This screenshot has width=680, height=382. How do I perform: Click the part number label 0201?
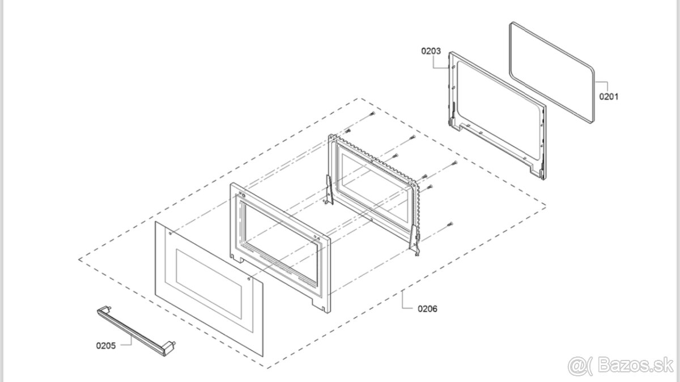pos(609,96)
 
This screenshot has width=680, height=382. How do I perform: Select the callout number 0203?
pos(431,51)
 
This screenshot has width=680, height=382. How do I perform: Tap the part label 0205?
pos(106,345)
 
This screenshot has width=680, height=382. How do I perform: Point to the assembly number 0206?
pos(427,309)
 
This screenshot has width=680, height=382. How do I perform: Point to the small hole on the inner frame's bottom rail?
pos(369,221)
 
